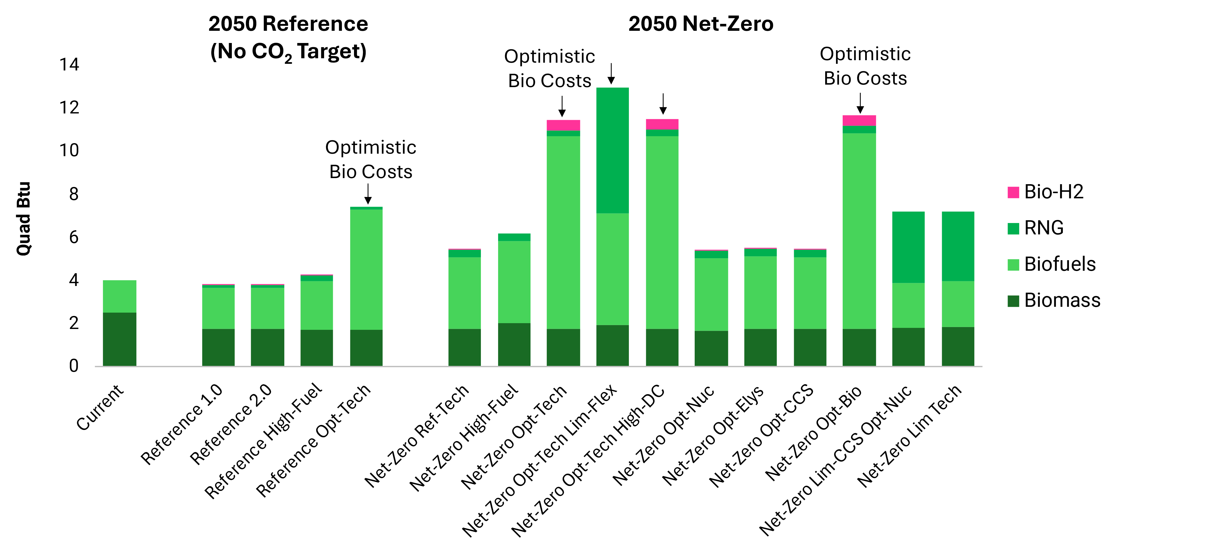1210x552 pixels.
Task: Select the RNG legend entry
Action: [x=1043, y=228]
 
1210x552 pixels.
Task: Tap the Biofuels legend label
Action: [x=1060, y=264]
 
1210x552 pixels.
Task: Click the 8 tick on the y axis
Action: [x=74, y=194]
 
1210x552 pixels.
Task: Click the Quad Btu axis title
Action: [x=24, y=219]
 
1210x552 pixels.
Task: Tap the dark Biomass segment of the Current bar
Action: [x=119, y=339]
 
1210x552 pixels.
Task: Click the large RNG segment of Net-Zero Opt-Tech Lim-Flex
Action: [x=612, y=150]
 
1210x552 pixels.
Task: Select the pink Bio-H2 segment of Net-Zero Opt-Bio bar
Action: [x=859, y=120]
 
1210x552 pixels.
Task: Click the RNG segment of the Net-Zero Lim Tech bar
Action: [x=958, y=246]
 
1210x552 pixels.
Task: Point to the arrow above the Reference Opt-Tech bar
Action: [x=368, y=193]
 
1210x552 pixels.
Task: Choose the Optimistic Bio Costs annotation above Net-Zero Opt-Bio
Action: [x=865, y=66]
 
